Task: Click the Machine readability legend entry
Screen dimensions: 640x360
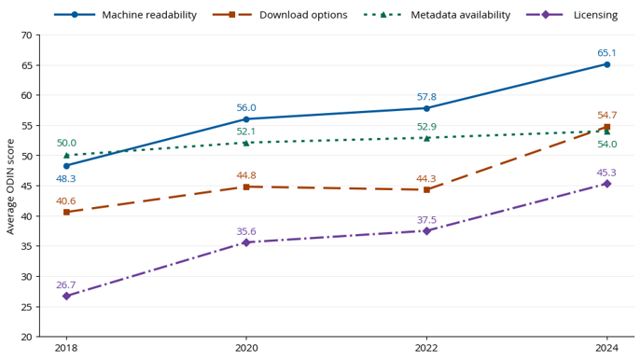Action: pos(125,15)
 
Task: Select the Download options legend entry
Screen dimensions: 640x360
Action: pos(280,15)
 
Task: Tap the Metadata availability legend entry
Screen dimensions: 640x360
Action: pos(437,15)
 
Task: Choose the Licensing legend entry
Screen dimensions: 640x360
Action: pos(572,15)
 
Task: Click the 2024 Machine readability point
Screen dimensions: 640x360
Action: pos(607,64)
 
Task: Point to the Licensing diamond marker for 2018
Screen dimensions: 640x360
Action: pos(66,296)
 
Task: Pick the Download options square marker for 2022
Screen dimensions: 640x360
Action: pos(426,190)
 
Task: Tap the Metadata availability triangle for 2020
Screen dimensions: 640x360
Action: pos(246,143)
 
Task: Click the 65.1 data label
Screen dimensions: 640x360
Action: pos(606,52)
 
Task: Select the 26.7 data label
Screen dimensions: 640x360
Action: pos(66,284)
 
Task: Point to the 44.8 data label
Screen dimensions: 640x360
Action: pos(246,175)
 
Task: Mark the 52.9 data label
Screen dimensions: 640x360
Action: pos(426,127)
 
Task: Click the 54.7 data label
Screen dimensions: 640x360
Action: pos(606,115)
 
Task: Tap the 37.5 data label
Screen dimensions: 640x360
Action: pos(426,219)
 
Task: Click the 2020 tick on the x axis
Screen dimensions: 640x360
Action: pos(246,339)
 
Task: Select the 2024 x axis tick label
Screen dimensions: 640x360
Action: pos(607,348)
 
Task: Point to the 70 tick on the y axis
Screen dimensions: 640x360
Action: pos(37,35)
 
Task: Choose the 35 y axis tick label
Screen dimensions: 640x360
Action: pos(26,246)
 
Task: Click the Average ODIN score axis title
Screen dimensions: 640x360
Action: pos(10,187)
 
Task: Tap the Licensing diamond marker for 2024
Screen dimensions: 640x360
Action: pos(607,184)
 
